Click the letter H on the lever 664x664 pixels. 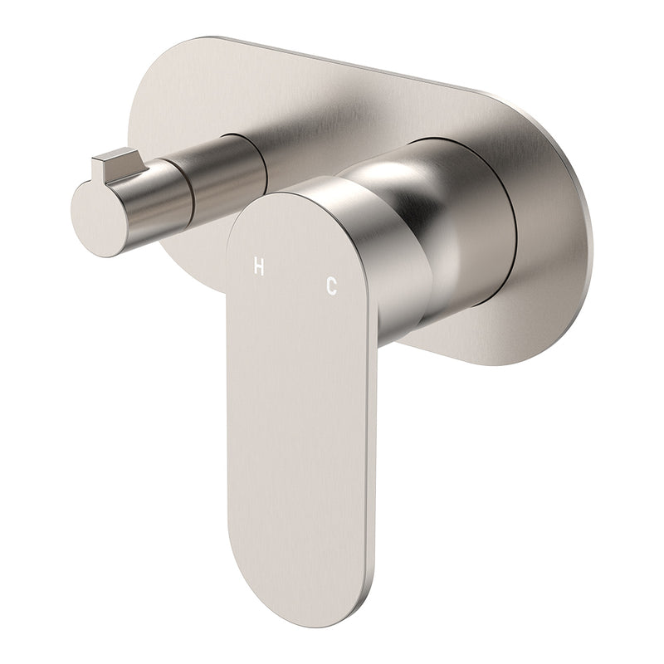(x=259, y=266)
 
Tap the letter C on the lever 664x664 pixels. (x=331, y=286)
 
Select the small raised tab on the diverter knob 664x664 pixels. (x=120, y=163)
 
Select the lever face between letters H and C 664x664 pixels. (x=295, y=276)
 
